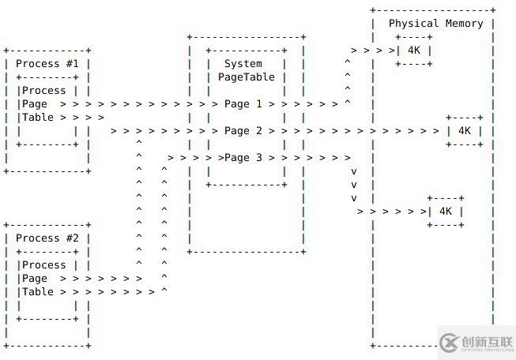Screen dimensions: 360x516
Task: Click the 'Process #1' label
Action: pyautogui.click(x=47, y=64)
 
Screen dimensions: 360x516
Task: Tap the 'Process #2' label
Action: pyautogui.click(x=47, y=238)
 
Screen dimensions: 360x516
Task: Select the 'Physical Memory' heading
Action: pyautogui.click(x=435, y=24)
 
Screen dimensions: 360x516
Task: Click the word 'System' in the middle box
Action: pyautogui.click(x=243, y=64)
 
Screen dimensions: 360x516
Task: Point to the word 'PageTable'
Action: pyautogui.click(x=247, y=77)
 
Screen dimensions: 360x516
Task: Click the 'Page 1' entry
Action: pyautogui.click(x=243, y=104)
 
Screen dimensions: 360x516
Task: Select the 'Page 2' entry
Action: pyautogui.click(x=243, y=131)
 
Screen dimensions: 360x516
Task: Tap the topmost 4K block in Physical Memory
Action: pyautogui.click(x=414, y=51)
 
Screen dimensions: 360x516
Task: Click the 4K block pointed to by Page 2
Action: pyautogui.click(x=464, y=131)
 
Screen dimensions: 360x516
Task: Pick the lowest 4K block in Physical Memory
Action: pyautogui.click(x=445, y=212)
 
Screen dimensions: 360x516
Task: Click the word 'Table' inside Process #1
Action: pyautogui.click(x=38, y=118)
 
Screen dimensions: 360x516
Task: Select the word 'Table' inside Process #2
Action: pyautogui.click(x=38, y=292)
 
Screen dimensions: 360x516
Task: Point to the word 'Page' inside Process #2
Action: pyautogui.click(x=35, y=279)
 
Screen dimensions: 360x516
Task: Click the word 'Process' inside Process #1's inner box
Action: pyautogui.click(x=44, y=91)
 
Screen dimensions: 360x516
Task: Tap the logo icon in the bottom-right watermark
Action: pyautogui.click(x=449, y=343)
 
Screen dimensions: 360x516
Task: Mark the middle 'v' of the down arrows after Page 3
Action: pyautogui.click(x=354, y=185)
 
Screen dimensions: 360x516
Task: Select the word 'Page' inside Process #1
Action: pyautogui.click(x=35, y=104)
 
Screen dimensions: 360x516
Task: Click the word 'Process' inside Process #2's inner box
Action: pyautogui.click(x=44, y=265)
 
